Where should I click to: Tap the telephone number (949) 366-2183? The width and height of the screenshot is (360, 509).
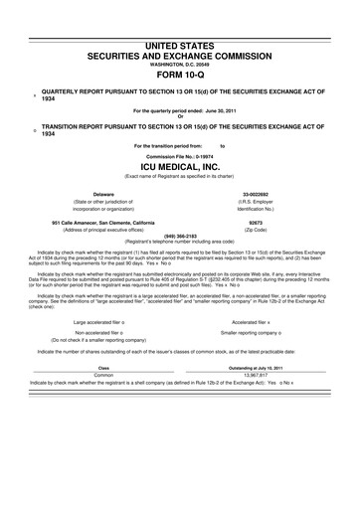180,236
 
